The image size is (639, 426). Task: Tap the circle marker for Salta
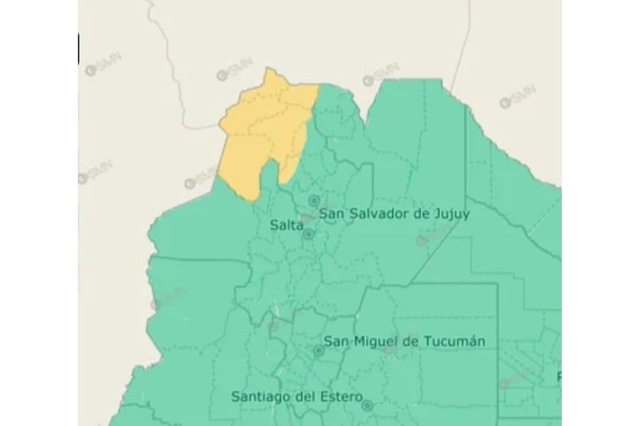pyautogui.click(x=308, y=235)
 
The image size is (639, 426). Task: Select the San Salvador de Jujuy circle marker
pyautogui.click(x=314, y=200)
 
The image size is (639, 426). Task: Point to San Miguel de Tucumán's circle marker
pyautogui.click(x=319, y=351)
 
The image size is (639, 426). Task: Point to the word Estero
pyautogui.click(x=340, y=397)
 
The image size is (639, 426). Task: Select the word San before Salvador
pyautogui.click(x=332, y=214)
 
